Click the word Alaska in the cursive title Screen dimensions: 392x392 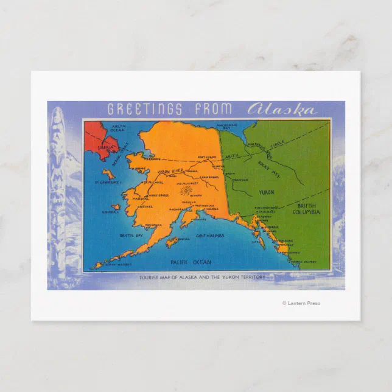[x=282, y=110]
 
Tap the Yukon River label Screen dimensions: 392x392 [x=172, y=172]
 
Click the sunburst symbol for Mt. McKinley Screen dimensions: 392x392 [x=185, y=191]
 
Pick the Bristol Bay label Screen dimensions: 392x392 [x=130, y=234]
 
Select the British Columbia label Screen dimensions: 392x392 [x=306, y=208]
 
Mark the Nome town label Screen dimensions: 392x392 [x=141, y=169]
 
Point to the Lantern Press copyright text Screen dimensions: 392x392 [x=301, y=303]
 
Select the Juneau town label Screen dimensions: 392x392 [x=272, y=226]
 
